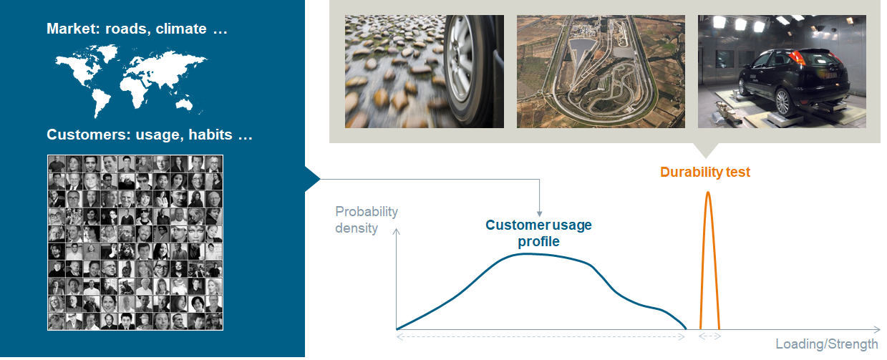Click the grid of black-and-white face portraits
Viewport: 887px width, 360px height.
135,242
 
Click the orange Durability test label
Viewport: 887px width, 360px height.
705,172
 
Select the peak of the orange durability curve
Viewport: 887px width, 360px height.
708,193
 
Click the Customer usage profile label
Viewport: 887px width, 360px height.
538,233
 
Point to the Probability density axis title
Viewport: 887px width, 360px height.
366,220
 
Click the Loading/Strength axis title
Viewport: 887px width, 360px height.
826,344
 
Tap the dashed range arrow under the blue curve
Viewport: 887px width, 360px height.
541,336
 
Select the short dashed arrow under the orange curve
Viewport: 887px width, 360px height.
709,336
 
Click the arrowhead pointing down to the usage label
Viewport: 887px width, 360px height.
539,213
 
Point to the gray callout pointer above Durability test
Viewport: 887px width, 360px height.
706,150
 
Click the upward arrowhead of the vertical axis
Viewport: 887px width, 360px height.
396,230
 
